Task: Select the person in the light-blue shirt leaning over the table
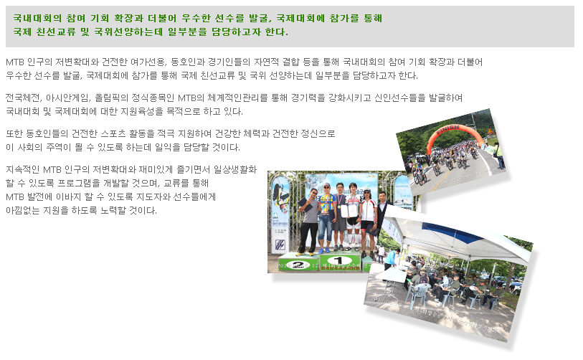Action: click(391, 259)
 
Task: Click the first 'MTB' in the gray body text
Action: click(15, 62)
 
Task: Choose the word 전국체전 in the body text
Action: click(23, 98)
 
